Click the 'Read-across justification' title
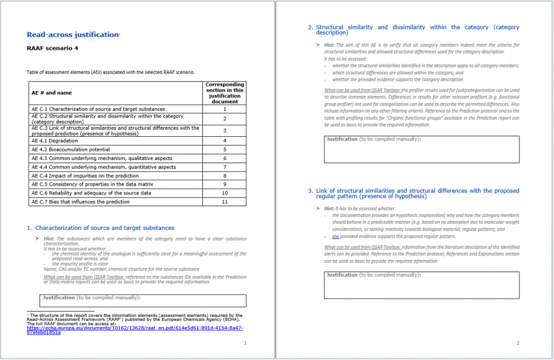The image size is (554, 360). [73, 35]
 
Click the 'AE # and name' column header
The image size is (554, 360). [51, 93]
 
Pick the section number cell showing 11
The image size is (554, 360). [225, 202]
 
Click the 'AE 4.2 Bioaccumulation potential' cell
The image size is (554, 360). [71, 149]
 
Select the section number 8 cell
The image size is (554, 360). [225, 176]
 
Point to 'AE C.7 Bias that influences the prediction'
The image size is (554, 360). [81, 202]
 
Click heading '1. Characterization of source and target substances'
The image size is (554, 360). [101, 228]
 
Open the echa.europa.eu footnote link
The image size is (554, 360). [135, 330]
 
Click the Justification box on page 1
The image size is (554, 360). [144, 301]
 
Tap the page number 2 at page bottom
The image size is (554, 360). [518, 343]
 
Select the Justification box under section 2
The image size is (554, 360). [421, 149]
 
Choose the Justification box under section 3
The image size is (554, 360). [421, 285]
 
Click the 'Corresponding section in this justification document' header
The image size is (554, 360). [225, 93]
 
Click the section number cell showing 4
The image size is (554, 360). [225, 141]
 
